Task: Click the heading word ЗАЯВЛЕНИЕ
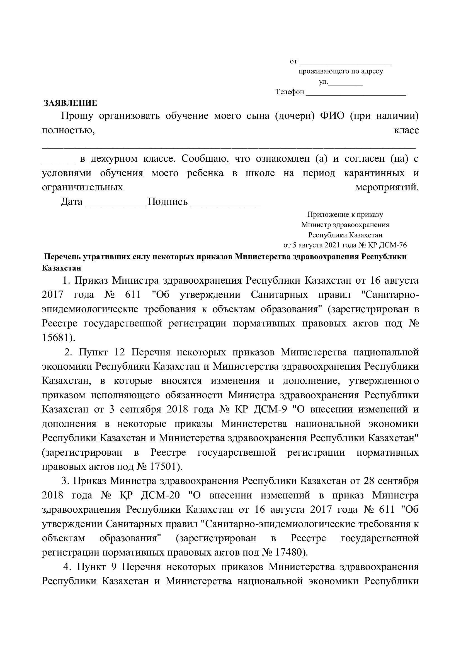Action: (70, 103)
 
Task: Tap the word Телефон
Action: (290, 92)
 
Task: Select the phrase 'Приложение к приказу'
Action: (345, 215)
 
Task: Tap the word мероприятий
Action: (387, 187)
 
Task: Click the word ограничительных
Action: (82, 187)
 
